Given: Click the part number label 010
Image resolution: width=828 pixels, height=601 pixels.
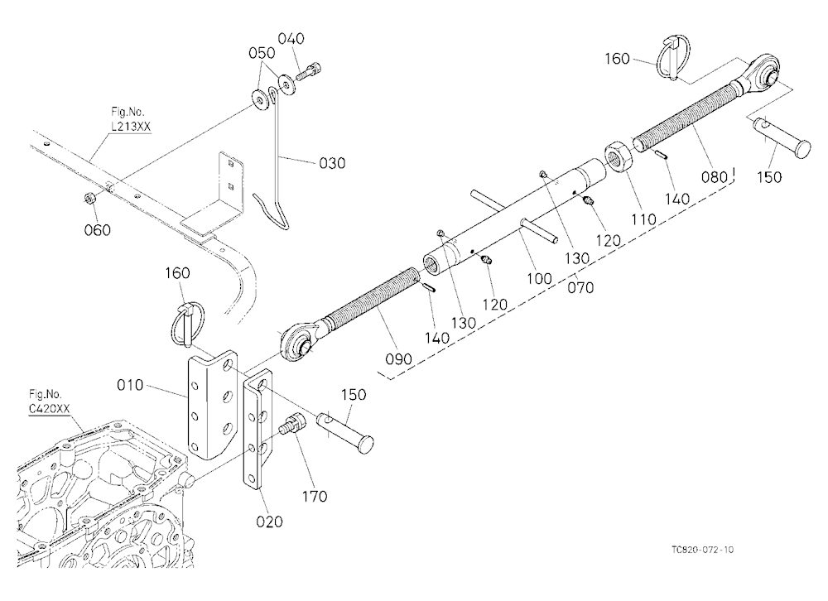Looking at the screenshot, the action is tap(130, 385).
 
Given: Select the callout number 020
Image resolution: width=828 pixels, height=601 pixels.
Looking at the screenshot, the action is tap(269, 522).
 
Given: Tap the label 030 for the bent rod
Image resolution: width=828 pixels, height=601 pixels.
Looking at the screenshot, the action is tap(332, 162).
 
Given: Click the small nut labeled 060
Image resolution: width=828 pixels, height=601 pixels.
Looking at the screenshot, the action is tap(89, 199).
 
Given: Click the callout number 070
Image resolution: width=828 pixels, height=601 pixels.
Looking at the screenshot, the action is tap(580, 287).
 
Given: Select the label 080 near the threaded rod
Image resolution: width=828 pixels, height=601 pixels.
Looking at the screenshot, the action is tap(715, 176).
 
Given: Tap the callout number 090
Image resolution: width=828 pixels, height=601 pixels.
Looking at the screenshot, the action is tap(398, 359).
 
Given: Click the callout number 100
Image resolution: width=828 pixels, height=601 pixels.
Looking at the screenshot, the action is tap(539, 278).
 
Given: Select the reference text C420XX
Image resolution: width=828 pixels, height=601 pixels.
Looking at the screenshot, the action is tap(49, 408).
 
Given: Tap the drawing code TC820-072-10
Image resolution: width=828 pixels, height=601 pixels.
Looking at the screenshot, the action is tap(702, 549).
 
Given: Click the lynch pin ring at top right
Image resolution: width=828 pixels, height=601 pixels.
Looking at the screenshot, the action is tap(672, 59).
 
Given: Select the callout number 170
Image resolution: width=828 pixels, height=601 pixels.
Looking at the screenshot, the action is tap(314, 496).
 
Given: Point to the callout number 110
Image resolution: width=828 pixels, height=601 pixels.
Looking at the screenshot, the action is tap(643, 219).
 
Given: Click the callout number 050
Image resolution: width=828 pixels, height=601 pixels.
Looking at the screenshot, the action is tap(262, 53).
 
